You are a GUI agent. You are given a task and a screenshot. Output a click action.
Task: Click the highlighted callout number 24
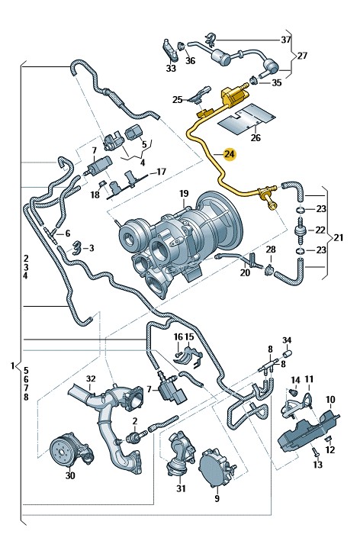[230, 154]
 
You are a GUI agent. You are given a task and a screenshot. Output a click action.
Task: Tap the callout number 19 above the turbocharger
[184, 194]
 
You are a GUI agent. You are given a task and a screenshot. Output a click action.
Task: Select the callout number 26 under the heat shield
[256, 138]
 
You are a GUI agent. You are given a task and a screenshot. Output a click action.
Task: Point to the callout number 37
[286, 40]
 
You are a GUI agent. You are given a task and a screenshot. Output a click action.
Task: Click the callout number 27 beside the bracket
[302, 56]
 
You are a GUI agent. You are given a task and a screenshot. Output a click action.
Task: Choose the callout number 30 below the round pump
[70, 475]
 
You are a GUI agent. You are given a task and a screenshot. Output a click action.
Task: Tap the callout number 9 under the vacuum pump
[217, 499]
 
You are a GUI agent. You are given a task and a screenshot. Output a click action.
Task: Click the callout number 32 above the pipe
[91, 378]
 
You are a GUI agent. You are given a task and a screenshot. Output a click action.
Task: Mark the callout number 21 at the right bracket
[339, 237]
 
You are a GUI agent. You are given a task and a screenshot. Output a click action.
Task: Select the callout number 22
[320, 230]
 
